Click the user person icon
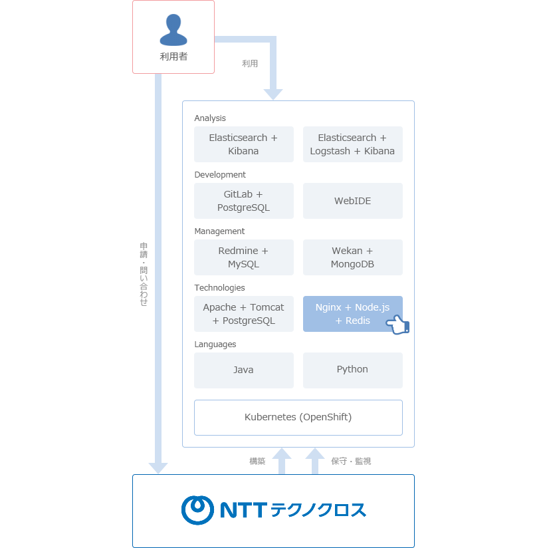click(173, 30)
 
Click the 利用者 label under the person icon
click(173, 57)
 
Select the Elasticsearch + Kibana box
click(243, 144)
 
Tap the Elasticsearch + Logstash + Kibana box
click(352, 144)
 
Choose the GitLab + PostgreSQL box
click(243, 201)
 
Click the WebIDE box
click(352, 201)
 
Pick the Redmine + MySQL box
click(243, 257)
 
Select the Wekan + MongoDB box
click(352, 257)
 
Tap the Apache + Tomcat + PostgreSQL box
click(243, 314)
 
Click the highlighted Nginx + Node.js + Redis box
click(346, 313)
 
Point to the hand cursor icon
click(397, 325)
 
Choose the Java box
click(243, 370)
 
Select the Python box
click(352, 370)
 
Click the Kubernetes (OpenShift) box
click(298, 418)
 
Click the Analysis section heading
click(210, 118)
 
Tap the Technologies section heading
click(219, 288)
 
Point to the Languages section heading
click(215, 344)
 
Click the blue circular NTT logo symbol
click(197, 510)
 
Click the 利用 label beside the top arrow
click(250, 64)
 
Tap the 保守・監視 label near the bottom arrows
click(351, 461)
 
